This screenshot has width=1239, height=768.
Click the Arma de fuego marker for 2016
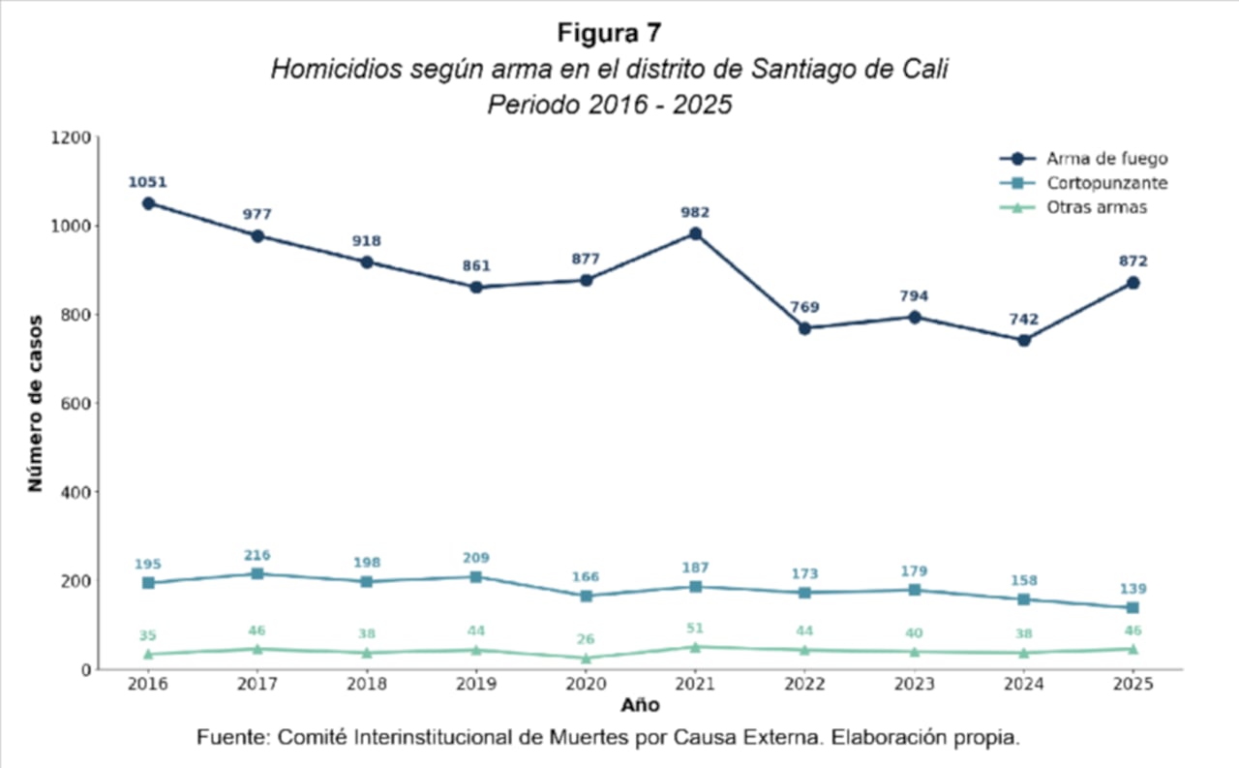pos(148,203)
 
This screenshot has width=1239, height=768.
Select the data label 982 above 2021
pos(695,212)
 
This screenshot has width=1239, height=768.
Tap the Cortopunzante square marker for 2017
pos(257,573)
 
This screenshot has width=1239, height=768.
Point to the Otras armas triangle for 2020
pos(586,658)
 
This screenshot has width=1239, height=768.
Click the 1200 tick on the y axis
pos(72,138)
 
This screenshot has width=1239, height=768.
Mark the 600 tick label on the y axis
pos(76,404)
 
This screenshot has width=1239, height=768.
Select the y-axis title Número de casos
pos(35,403)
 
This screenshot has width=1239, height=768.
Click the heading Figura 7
pos(610,32)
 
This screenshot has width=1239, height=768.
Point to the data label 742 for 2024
pos(1024,319)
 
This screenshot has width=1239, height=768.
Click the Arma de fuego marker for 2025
pos(1133,283)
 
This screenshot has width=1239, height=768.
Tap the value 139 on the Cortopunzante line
pos(1133,589)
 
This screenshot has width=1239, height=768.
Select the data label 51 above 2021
pos(695,629)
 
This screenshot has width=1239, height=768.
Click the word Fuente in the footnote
pos(231,737)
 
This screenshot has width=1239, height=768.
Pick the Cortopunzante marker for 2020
pos(586,596)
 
